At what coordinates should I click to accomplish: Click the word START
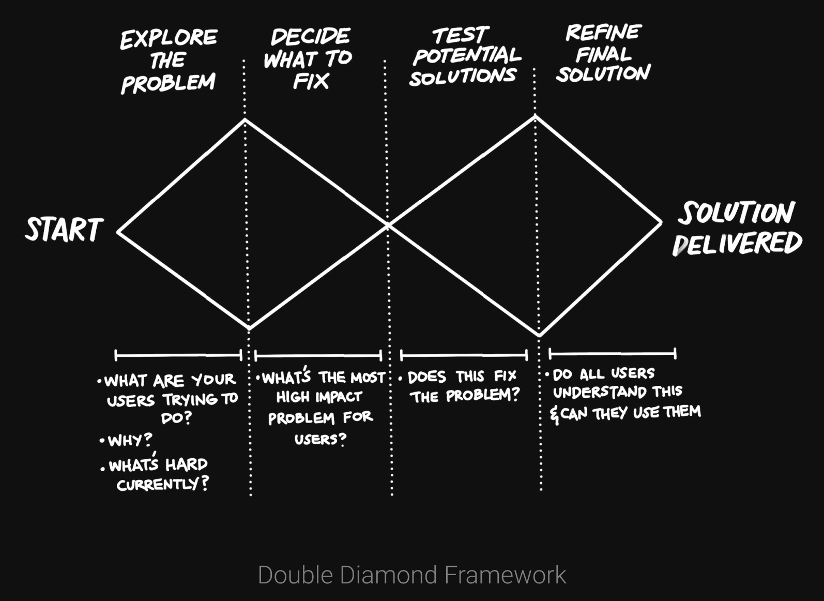pyautogui.click(x=64, y=230)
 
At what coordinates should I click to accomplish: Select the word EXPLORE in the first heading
pyautogui.click(x=169, y=38)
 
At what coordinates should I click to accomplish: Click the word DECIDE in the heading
pyautogui.click(x=310, y=37)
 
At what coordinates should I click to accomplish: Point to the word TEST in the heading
pyautogui.click(x=460, y=35)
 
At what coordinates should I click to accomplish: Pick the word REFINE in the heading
pyautogui.click(x=603, y=33)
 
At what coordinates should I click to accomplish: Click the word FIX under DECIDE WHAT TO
pyautogui.click(x=311, y=81)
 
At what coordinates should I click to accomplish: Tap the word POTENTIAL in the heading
pyautogui.click(x=467, y=55)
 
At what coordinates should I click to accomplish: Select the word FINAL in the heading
pyautogui.click(x=603, y=54)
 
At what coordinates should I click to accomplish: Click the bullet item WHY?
pyautogui.click(x=130, y=440)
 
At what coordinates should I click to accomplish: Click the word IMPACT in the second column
pyautogui.click(x=339, y=397)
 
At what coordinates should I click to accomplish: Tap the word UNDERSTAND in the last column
pyautogui.click(x=599, y=392)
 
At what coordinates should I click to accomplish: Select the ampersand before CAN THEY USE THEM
pyautogui.click(x=554, y=415)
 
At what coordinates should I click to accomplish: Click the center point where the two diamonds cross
pyautogui.click(x=388, y=225)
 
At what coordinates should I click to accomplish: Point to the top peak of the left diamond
pyautogui.click(x=245, y=119)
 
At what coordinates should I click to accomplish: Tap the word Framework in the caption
pyautogui.click(x=505, y=575)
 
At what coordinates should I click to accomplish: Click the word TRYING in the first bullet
pyautogui.click(x=190, y=400)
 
